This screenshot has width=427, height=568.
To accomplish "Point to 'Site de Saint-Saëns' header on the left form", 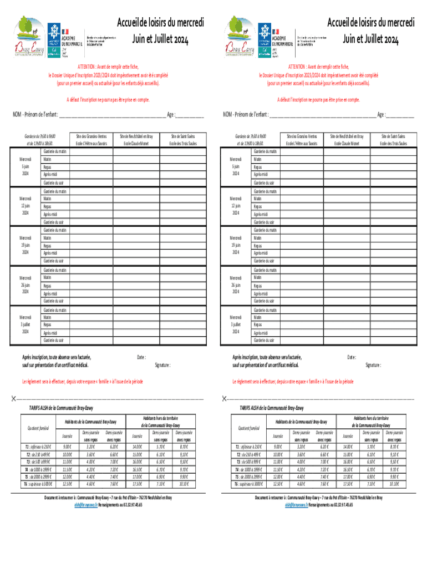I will [182, 136].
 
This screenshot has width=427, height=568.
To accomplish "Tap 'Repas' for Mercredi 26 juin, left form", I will [48, 286].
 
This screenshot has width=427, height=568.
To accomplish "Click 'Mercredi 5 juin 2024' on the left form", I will [26, 166].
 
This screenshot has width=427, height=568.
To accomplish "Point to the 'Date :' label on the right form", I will [351, 357].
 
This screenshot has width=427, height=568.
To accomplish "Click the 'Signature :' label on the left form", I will [162, 366].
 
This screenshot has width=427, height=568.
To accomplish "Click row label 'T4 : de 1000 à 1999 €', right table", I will [249, 454].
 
